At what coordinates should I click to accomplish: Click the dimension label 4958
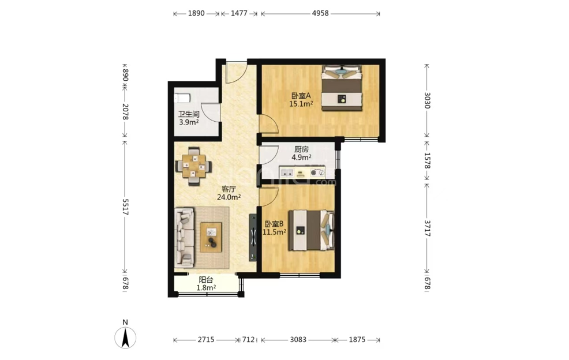click(x=320, y=13)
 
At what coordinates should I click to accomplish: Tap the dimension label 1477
click(x=239, y=13)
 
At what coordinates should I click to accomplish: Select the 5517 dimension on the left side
click(x=125, y=207)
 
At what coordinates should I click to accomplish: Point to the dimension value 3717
click(x=427, y=228)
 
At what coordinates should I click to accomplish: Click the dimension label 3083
click(x=298, y=340)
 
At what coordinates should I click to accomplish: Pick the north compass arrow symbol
click(x=125, y=337)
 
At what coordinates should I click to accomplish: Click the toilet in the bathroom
click(x=182, y=98)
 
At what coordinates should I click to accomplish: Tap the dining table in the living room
click(x=193, y=166)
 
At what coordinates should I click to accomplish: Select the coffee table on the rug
click(x=211, y=237)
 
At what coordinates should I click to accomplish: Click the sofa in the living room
click(x=185, y=238)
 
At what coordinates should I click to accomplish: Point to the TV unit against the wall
click(x=253, y=238)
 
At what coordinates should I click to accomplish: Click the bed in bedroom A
click(x=342, y=88)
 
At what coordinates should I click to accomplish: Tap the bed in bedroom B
click(x=311, y=230)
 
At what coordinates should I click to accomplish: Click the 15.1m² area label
click(x=301, y=104)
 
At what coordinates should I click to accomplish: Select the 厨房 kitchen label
click(x=301, y=149)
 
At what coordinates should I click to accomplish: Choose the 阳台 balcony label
click(x=206, y=280)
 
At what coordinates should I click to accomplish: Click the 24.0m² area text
click(x=229, y=197)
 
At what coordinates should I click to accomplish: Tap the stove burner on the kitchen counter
click(x=313, y=173)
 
